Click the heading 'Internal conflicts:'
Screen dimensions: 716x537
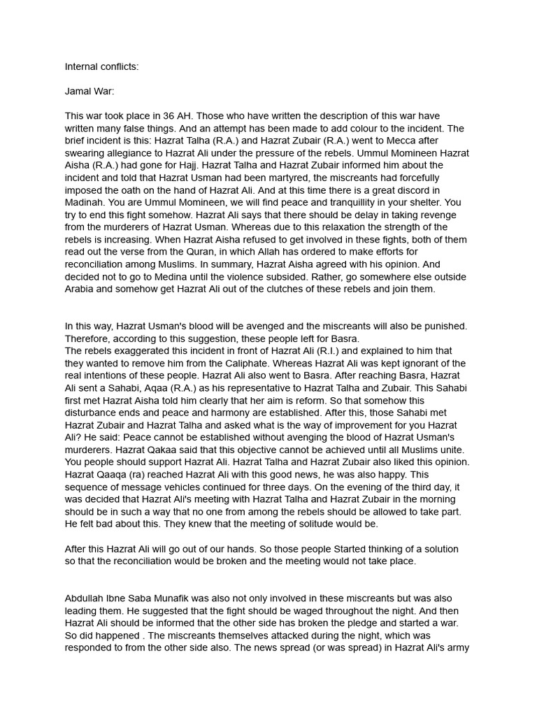tap(101, 67)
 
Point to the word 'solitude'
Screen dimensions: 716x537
tap(340, 524)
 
